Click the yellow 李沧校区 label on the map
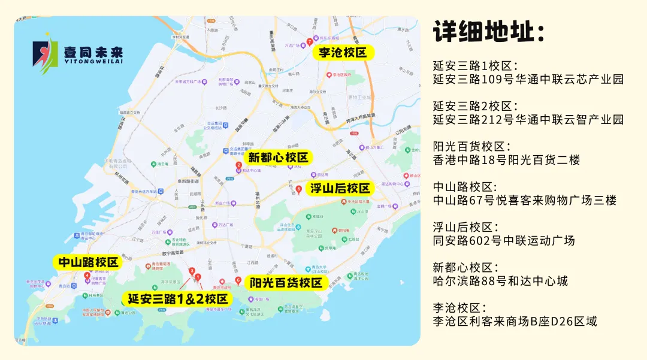(343, 53)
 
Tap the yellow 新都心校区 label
(278, 158)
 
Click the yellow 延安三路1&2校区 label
(178, 298)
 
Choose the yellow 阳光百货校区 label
(286, 283)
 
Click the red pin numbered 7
(309, 42)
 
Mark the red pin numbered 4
(87, 276)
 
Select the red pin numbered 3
(192, 271)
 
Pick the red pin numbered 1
(198, 277)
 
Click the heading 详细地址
(489, 32)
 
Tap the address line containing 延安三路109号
(528, 79)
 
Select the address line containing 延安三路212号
(528, 119)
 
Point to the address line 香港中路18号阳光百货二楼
(506, 160)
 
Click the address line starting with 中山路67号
(524, 201)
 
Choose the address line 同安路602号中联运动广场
(504, 240)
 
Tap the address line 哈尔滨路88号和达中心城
(500, 280)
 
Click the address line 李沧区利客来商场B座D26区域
(515, 321)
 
